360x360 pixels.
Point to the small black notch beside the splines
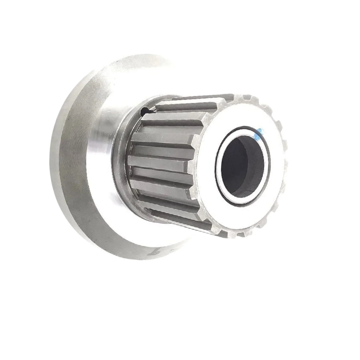[144, 111]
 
